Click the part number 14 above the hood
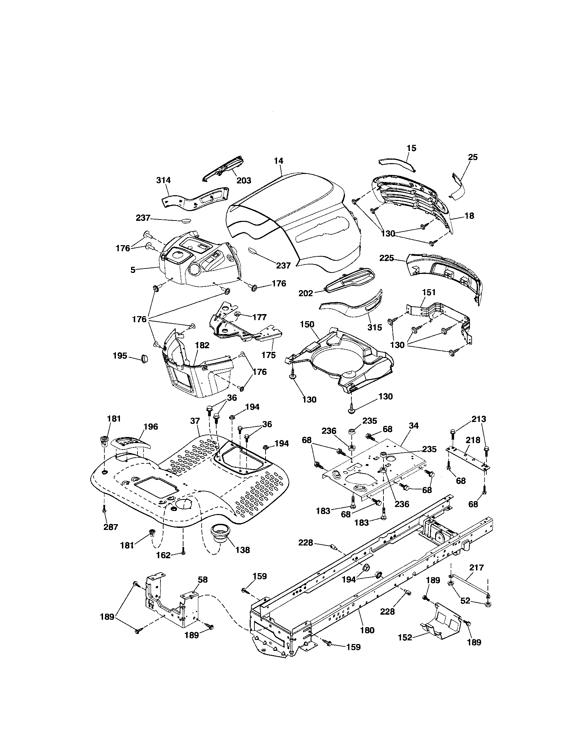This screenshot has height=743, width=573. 279,160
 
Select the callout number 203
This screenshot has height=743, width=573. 244,180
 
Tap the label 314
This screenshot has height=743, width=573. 163,180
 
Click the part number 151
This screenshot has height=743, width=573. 429,292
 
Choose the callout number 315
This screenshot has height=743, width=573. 375,327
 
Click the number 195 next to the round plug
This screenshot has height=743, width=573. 120,356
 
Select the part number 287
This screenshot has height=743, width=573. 110,527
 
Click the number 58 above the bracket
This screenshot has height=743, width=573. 202,580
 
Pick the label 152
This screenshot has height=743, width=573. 405,638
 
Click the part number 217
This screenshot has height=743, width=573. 476,567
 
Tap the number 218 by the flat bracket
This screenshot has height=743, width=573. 473,440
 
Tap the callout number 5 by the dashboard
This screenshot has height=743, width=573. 133,270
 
